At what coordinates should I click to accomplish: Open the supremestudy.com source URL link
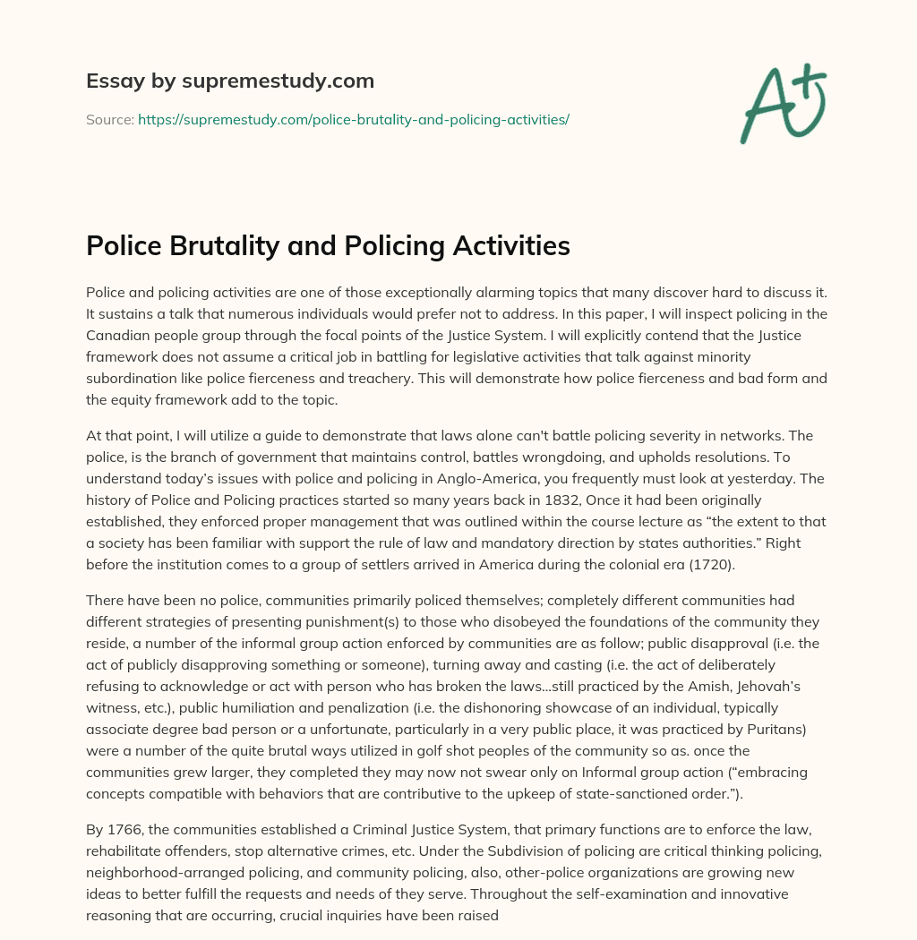(354, 119)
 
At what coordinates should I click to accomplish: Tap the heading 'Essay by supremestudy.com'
(230, 81)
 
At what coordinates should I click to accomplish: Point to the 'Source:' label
(109, 119)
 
